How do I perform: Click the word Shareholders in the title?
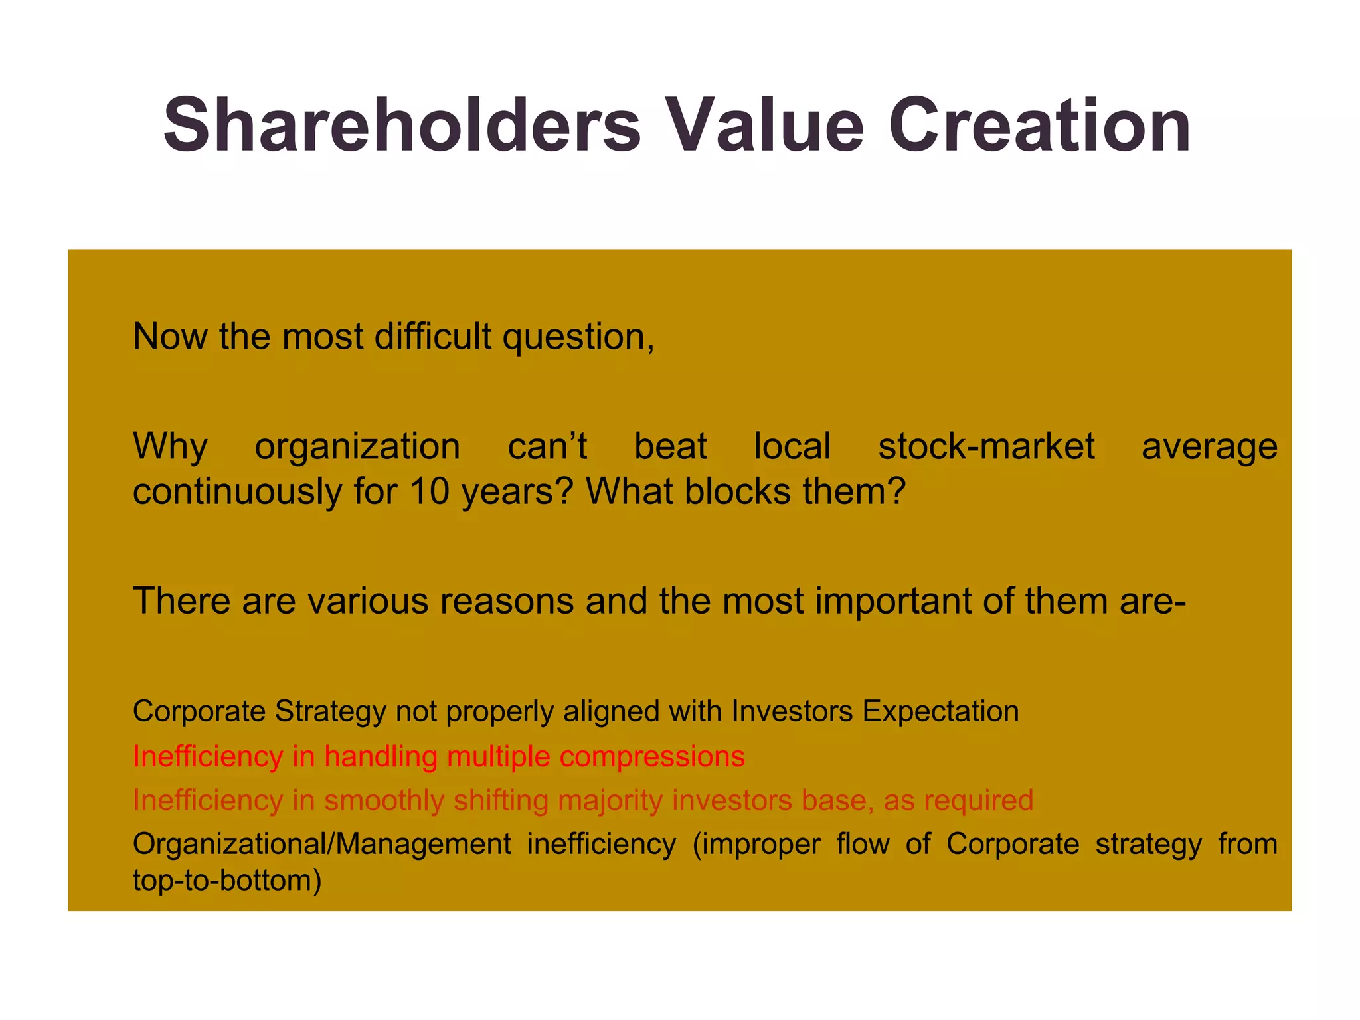402,126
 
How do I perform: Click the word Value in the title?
764,126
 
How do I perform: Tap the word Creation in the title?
1039,126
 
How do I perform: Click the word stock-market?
986,446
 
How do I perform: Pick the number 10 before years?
430,491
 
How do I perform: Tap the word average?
1209,447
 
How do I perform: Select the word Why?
170,447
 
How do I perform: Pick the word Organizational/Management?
321,845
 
